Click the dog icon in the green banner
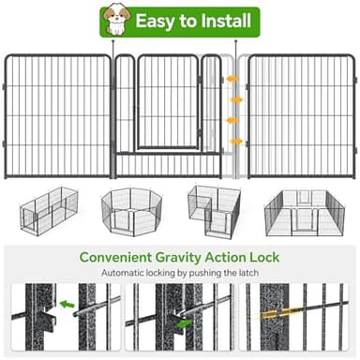coord(116,20)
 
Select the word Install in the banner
coord(221,21)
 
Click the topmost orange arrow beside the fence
coord(235,78)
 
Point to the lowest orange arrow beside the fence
coord(235,141)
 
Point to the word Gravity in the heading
coord(197,256)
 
